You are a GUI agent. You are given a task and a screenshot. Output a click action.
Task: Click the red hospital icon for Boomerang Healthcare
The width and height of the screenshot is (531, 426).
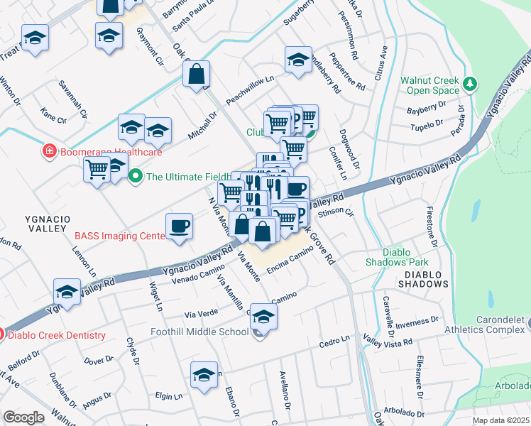(x=48, y=151)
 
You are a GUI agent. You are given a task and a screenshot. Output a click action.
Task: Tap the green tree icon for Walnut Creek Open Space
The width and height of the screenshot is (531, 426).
(x=469, y=85)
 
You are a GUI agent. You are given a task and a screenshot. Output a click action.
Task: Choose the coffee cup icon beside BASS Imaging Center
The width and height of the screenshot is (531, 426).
(x=179, y=226)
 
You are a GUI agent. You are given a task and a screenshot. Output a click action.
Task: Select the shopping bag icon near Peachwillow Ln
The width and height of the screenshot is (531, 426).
(x=196, y=73)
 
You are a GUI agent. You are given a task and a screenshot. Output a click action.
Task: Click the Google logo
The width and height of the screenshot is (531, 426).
(x=23, y=417)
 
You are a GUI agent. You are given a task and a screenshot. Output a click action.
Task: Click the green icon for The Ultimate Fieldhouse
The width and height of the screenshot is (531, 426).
(x=135, y=177)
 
